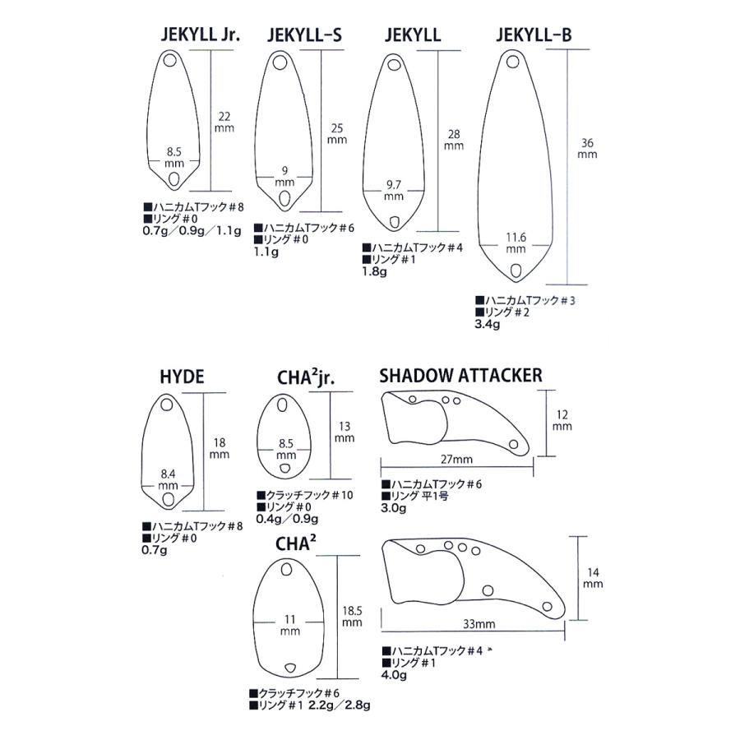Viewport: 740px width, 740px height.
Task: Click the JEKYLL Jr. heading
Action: pyautogui.click(x=201, y=35)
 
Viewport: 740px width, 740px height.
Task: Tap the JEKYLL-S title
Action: pyautogui.click(x=304, y=35)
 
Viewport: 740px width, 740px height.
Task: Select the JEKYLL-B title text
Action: pyautogui.click(x=534, y=35)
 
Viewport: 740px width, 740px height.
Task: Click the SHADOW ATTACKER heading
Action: pyautogui.click(x=460, y=376)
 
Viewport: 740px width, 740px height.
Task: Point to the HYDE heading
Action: pyautogui.click(x=183, y=377)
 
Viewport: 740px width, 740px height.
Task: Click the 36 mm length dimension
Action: pyautogui.click(x=587, y=148)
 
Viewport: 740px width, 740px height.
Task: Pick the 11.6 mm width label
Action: pyautogui.click(x=516, y=243)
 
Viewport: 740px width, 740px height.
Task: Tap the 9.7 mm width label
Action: pyautogui.click(x=394, y=190)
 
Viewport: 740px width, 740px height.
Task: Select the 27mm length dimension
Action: pyautogui.click(x=456, y=459)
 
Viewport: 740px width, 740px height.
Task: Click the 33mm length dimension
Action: pyautogui.click(x=479, y=624)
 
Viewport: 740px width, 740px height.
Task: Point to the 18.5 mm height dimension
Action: pyautogui.click(x=352, y=617)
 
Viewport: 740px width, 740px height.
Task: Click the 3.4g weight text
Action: pyautogui.click(x=487, y=324)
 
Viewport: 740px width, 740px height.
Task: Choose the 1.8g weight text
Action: pyautogui.click(x=374, y=271)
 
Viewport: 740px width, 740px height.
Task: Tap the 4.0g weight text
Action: pyautogui.click(x=394, y=675)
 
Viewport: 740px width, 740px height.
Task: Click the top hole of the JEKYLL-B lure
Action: pyautogui.click(x=513, y=62)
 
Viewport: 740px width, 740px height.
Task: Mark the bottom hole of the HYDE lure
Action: pyautogui.click(x=167, y=499)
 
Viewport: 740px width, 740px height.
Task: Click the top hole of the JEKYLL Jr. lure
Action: pyautogui.click(x=170, y=60)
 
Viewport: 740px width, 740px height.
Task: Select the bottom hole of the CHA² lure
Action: pyautogui.click(x=289, y=668)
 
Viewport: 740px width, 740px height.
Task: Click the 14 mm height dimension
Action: pyautogui.click(x=593, y=578)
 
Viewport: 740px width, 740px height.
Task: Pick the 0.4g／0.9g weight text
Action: pyautogui.click(x=287, y=519)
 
